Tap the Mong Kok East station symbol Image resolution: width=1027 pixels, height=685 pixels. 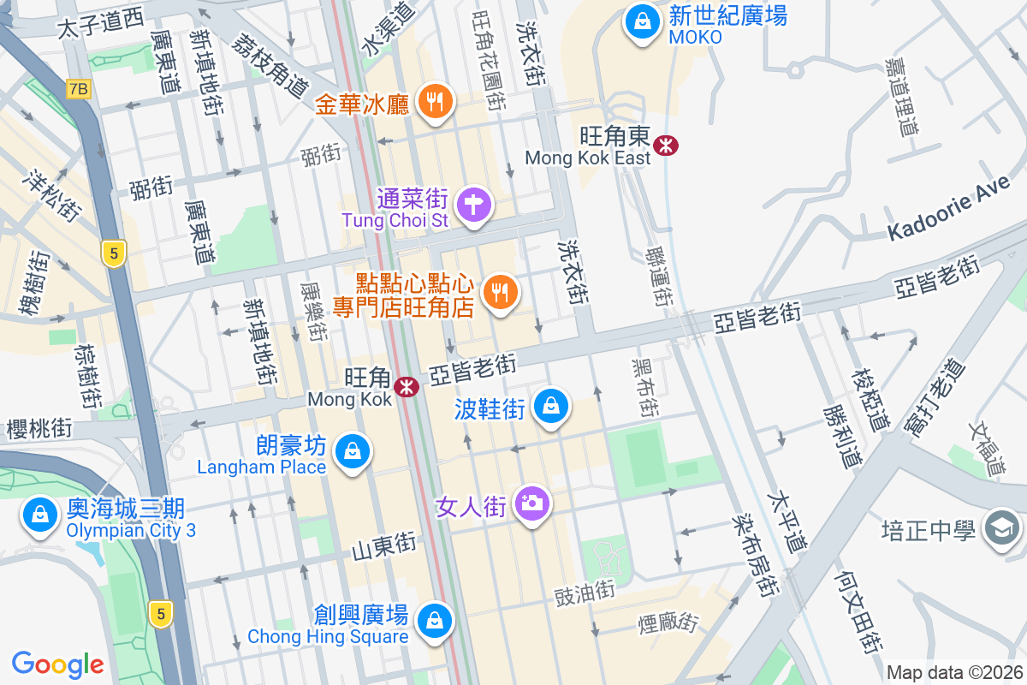click(x=665, y=145)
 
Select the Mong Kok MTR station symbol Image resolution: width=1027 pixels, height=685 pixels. click(x=406, y=387)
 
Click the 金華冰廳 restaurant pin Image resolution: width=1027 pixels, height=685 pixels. click(x=436, y=103)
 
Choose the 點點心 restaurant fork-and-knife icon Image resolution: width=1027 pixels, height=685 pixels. click(x=499, y=293)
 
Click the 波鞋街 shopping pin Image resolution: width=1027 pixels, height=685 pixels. click(x=552, y=407)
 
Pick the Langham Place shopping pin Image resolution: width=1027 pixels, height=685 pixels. click(x=352, y=450)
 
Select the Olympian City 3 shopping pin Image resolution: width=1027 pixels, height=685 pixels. click(x=39, y=515)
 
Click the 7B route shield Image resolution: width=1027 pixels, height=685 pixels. click(x=79, y=88)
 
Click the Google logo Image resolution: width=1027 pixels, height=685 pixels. click(x=58, y=664)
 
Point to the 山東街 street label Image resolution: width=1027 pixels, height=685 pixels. click(x=384, y=544)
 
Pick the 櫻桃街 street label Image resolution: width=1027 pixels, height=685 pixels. click(x=38, y=429)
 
